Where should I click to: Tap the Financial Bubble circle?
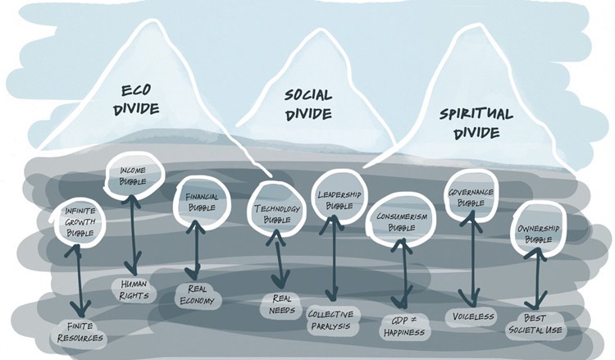195,202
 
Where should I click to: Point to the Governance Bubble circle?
471,198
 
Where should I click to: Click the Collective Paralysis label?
331,319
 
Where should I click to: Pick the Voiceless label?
471,317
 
